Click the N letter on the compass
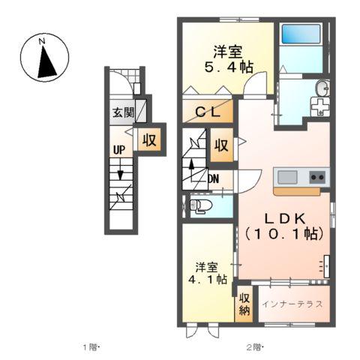(42, 41)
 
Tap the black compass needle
(46, 62)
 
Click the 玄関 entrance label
(123, 112)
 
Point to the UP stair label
(119, 150)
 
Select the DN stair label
(214, 178)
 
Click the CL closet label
(208, 112)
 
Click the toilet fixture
(200, 206)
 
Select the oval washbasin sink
(322, 88)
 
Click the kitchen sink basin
(287, 177)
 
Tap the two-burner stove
(317, 177)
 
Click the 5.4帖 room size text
(229, 67)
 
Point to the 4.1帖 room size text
(208, 279)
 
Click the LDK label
(285, 219)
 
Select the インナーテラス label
(292, 304)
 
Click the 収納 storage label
(244, 304)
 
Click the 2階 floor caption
(254, 347)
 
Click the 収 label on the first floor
(149, 140)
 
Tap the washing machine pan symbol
(319, 106)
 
